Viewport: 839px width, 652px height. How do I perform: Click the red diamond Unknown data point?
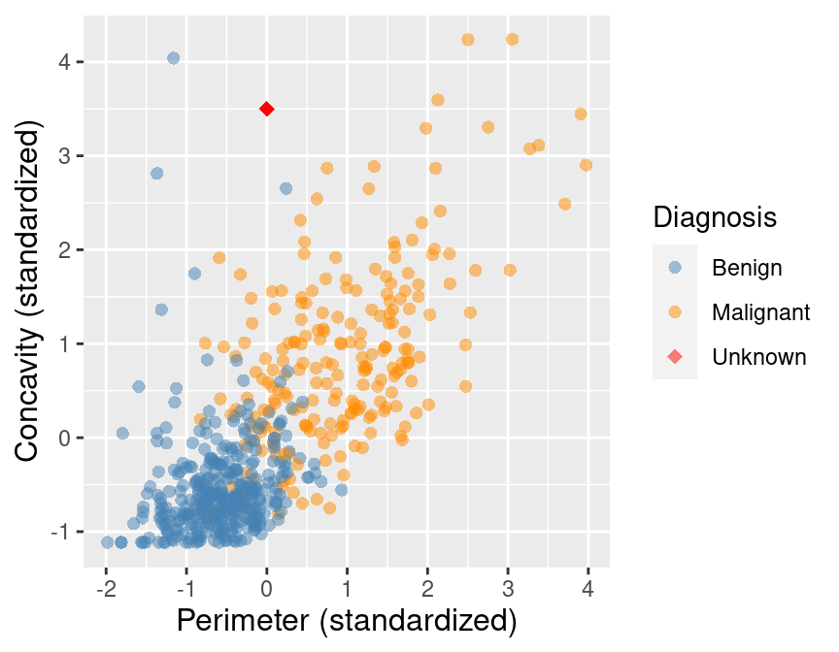(x=267, y=110)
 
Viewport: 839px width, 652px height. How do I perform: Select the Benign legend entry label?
(x=746, y=266)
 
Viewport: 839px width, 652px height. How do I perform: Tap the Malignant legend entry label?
(x=760, y=312)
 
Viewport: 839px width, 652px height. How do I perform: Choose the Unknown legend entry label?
(x=758, y=357)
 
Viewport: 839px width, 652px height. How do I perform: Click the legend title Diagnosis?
(x=715, y=217)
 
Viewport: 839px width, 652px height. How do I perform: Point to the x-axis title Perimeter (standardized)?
(x=346, y=621)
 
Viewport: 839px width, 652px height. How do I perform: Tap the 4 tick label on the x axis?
(x=587, y=589)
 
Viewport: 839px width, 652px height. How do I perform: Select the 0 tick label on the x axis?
(x=267, y=589)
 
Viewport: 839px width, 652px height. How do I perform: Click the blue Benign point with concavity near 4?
(x=173, y=58)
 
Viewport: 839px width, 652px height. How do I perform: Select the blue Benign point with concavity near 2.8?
(x=156, y=174)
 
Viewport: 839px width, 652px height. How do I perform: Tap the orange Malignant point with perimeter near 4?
(x=586, y=165)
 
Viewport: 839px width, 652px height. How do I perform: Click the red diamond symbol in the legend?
(x=675, y=357)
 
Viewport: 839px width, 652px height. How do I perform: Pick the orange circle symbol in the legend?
(x=675, y=312)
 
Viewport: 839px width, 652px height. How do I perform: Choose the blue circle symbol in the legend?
(x=675, y=266)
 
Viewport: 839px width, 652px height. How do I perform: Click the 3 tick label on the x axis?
(x=508, y=589)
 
